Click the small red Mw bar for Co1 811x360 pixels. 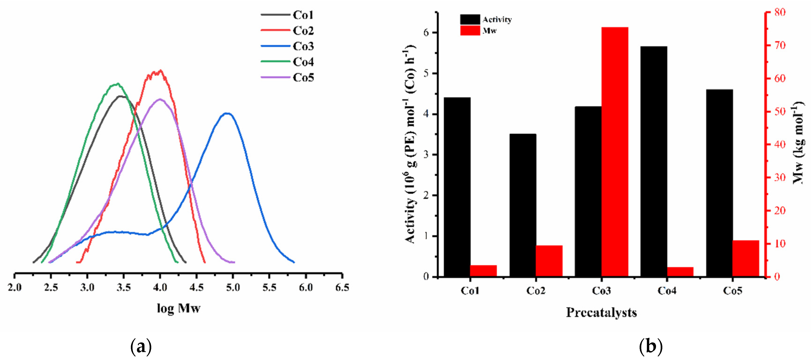(x=483, y=271)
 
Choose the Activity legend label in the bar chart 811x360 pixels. (x=497, y=19)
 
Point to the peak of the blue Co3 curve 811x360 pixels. (x=227, y=113)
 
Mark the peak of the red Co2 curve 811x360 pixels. (x=161, y=71)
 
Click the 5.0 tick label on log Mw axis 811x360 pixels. (x=233, y=287)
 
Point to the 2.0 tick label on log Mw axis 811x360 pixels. (x=15, y=287)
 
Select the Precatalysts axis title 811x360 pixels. (x=601, y=312)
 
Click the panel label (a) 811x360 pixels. (x=141, y=346)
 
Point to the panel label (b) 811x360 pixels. (x=650, y=346)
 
